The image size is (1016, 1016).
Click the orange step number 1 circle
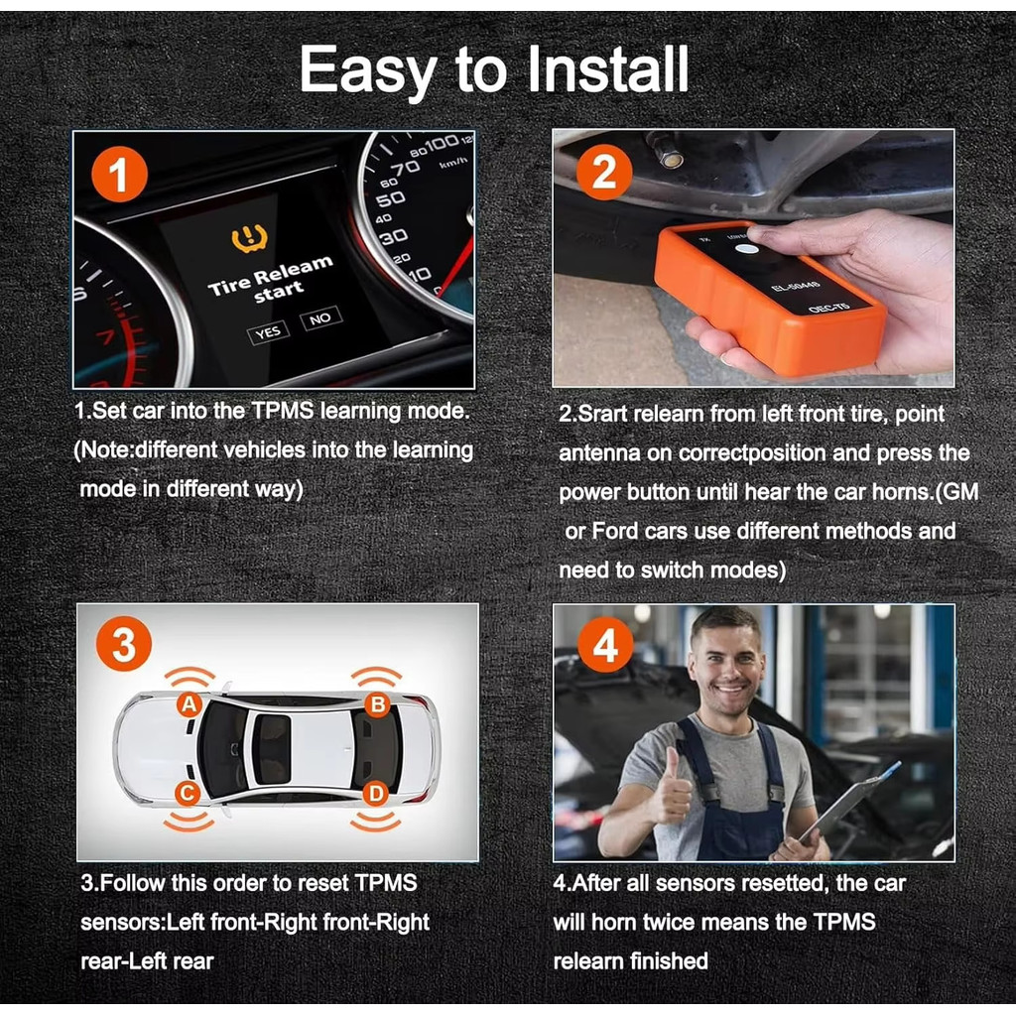pos(119,174)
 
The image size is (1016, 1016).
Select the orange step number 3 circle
pos(124,644)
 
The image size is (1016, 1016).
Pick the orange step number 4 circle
pos(605,644)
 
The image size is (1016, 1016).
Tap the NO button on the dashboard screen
pos(320,318)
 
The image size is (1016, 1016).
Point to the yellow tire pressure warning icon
pos(249,238)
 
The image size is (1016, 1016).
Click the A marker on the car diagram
pos(190,704)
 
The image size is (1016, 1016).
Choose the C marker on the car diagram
pos(188,793)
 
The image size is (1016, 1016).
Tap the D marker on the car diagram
pos(376,793)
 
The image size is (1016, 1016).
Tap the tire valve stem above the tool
pos(666,150)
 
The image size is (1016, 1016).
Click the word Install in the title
pos(607,69)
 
